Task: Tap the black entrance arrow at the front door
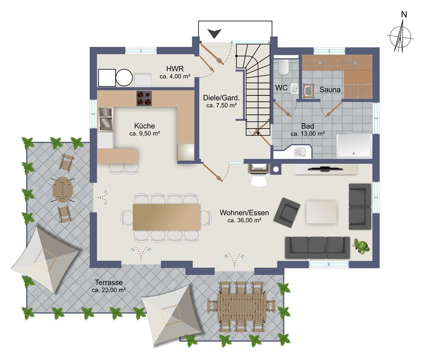pos(214,33)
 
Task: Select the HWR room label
pos(175,68)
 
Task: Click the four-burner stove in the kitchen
pos(144,98)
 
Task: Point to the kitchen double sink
pos(106,119)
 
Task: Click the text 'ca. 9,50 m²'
pos(145,134)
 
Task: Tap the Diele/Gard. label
pos(221,98)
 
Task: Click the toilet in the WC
pos(283,67)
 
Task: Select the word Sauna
pos(330,89)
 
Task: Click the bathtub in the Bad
pos(354,146)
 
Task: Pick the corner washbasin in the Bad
pos(299,152)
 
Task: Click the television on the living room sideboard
pos(325,169)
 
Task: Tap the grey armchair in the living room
pos(287,212)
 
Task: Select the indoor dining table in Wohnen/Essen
pos(166,217)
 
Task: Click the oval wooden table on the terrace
pos(63,190)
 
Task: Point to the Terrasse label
pos(109,283)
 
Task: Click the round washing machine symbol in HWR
pos(124,77)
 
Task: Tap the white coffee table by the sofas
pos(321,212)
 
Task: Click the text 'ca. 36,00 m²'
pos(244,220)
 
